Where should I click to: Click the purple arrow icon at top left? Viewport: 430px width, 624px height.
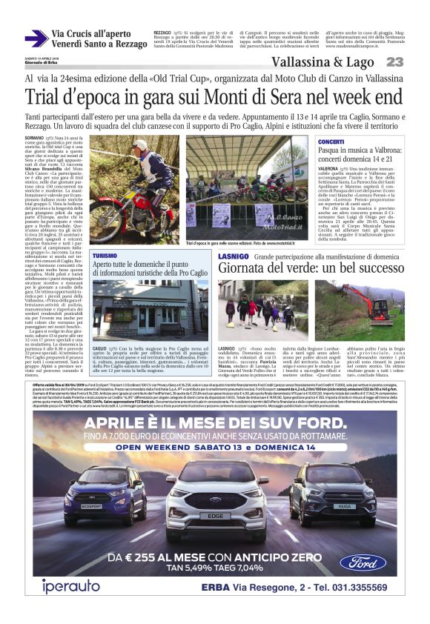pos(36,39)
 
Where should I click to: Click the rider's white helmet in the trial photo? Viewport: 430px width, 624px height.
pos(142,146)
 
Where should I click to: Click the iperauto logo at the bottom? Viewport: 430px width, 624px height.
pos(71,585)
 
